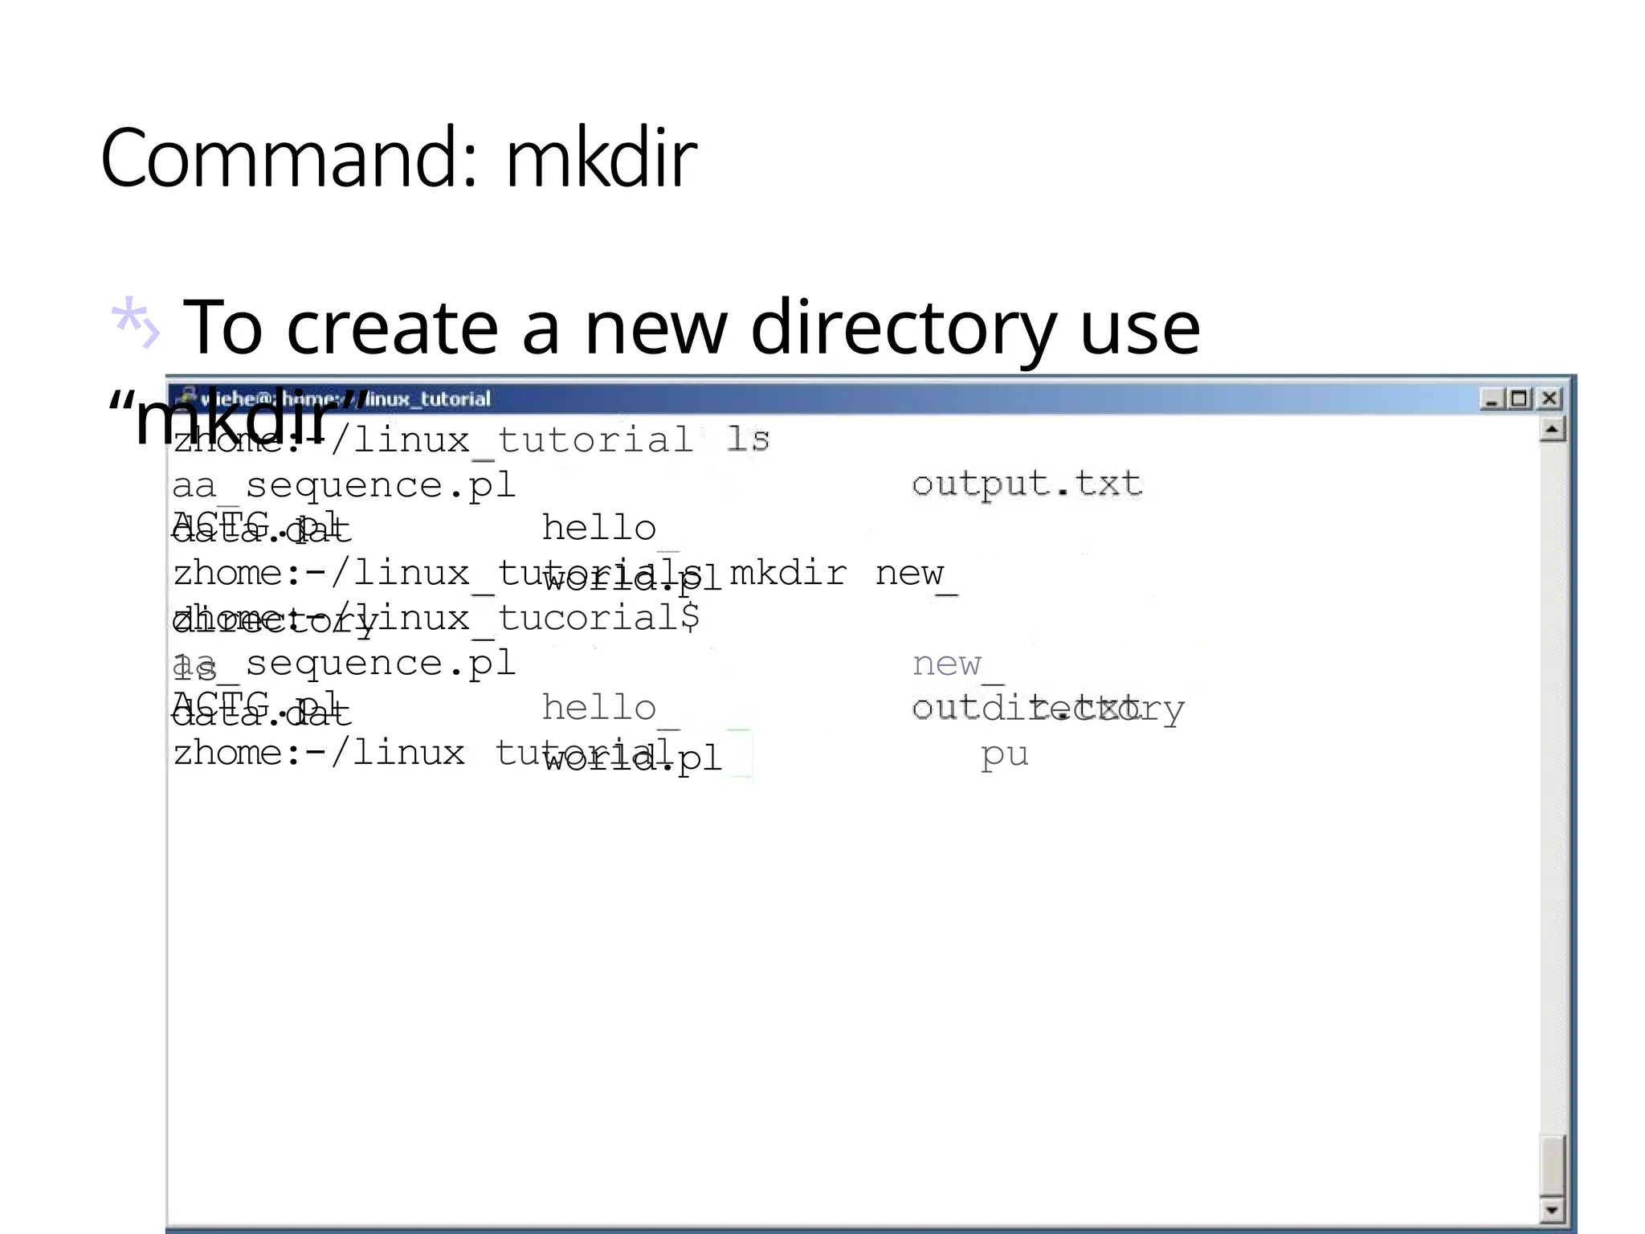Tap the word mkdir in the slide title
tap(600, 158)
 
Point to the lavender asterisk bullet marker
tap(134, 323)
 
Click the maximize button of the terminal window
tap(1518, 398)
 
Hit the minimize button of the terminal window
tap(1492, 398)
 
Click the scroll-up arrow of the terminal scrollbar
tap(1552, 431)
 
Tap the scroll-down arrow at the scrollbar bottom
tap(1552, 1209)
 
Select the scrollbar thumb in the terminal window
tap(1552, 1165)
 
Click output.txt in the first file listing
tap(1026, 484)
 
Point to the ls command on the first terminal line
tap(747, 439)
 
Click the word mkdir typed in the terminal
tap(788, 574)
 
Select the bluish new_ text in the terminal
tap(956, 664)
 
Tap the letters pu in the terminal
tap(1004, 754)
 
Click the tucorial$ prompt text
tap(598, 619)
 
